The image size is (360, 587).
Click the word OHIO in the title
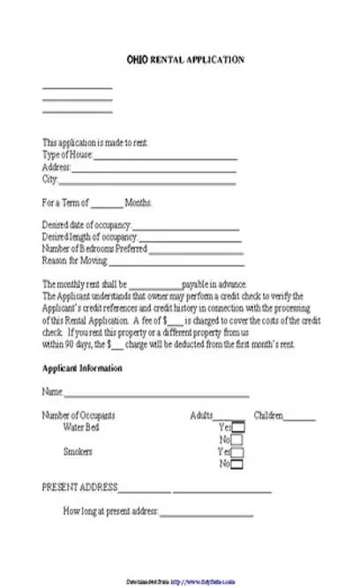coord(139,59)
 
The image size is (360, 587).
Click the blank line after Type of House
coord(165,158)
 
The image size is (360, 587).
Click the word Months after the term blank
coord(139,204)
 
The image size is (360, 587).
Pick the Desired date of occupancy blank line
coord(186,228)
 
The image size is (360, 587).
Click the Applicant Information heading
coord(82,368)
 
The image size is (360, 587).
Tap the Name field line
coord(155,395)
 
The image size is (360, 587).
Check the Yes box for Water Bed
coord(238,427)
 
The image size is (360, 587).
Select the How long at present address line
coord(206,514)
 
